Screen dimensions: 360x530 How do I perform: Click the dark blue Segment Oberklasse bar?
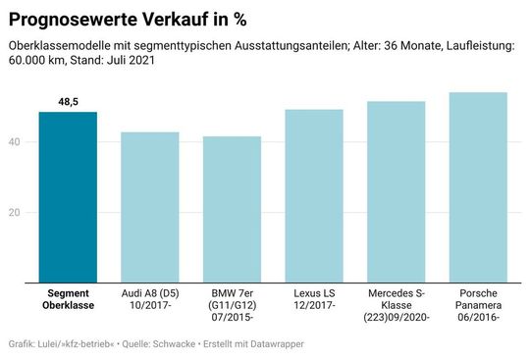(x=68, y=197)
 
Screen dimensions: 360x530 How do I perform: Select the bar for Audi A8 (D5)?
(x=150, y=207)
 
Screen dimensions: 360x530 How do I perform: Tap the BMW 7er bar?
(x=233, y=209)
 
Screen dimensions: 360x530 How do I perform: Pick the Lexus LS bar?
(x=314, y=196)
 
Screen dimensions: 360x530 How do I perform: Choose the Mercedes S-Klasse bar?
(x=397, y=192)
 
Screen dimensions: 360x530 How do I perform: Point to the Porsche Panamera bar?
(x=478, y=187)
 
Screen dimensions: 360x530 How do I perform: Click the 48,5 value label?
(x=69, y=102)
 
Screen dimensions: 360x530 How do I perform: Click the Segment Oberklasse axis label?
(x=68, y=299)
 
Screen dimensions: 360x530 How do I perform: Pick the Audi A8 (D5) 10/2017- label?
(x=150, y=299)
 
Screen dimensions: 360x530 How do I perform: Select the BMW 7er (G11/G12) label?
(x=233, y=305)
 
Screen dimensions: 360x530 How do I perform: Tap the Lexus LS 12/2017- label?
(x=314, y=299)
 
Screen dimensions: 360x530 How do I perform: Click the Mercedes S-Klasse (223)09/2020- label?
(x=397, y=305)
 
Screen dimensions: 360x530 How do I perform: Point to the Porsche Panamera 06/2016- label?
(x=478, y=305)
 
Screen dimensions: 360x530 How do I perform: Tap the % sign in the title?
(x=238, y=19)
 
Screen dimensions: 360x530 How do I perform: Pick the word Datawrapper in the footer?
(x=276, y=344)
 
